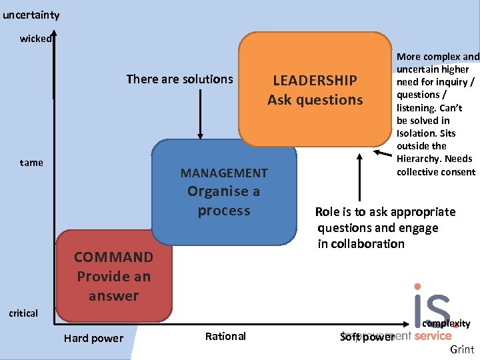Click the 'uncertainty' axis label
point(31,15)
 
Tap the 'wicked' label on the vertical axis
point(35,39)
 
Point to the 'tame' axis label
point(31,163)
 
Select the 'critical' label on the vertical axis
point(23,313)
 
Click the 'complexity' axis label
point(447,323)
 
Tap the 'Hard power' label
point(93,338)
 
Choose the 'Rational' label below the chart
point(225,336)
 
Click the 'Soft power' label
point(367,337)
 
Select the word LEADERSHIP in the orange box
point(315,81)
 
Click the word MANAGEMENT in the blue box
point(224,173)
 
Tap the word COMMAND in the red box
point(113,257)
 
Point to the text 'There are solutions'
point(180,79)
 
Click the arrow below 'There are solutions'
point(199,113)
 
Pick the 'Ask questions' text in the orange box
point(315,100)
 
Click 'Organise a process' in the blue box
point(224,201)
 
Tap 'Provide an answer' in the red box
point(113,286)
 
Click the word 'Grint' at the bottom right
point(462,350)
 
